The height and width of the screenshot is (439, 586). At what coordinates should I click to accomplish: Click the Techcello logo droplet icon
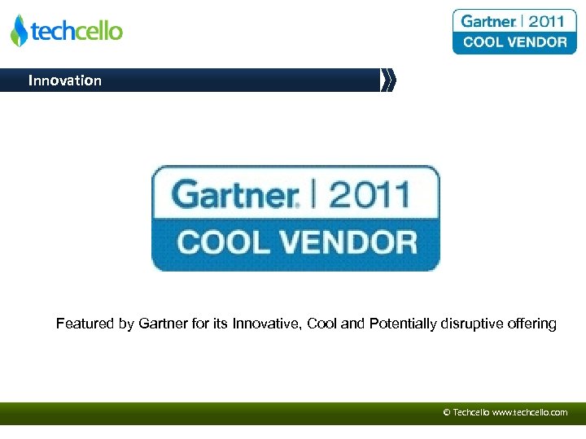coord(19,31)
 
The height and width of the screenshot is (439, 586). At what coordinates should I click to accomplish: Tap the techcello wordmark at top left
coord(77,32)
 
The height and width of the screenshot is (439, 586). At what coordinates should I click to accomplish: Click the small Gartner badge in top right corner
coord(514,32)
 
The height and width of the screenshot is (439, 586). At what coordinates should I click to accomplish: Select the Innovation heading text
coord(65,80)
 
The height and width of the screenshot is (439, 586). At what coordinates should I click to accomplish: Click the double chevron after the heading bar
coord(388,80)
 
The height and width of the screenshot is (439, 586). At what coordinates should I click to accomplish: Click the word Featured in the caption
coord(85,324)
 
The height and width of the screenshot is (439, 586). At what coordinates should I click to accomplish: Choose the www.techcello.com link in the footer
coord(530,412)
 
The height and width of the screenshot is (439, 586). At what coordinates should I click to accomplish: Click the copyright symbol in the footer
coord(446,412)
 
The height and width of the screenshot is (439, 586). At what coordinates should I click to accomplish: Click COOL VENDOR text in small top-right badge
coord(514,42)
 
